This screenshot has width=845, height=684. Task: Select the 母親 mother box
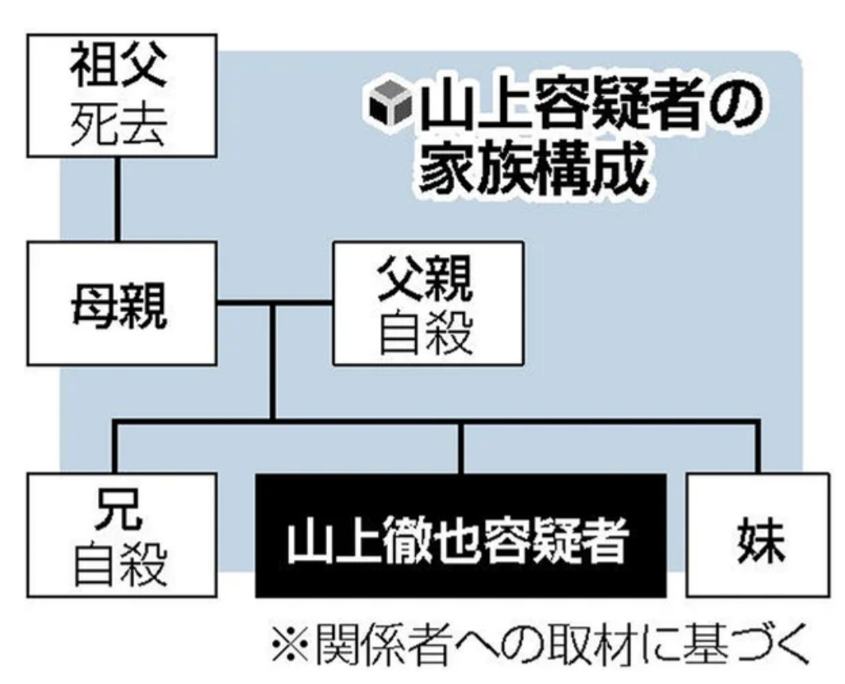pos(120,303)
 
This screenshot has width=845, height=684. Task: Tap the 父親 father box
pos(427,303)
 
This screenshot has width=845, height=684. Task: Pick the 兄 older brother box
pos(120,535)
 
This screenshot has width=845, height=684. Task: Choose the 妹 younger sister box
pos(758,535)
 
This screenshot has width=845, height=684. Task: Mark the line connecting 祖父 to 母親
pos(119,199)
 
